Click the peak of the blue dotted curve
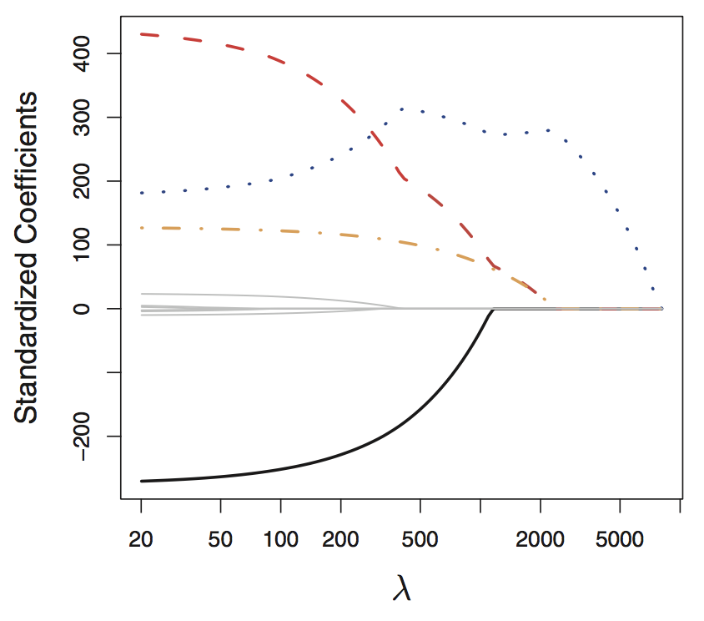402,109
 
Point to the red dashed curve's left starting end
142,34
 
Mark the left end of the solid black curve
142,481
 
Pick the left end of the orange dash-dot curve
142,228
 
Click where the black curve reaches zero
493,310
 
